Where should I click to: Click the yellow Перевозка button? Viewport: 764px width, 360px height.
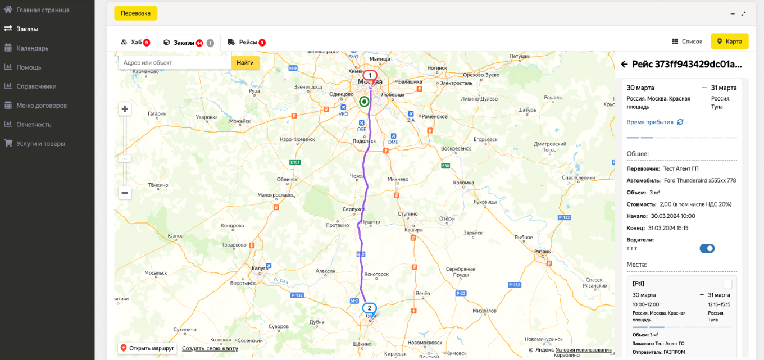click(135, 13)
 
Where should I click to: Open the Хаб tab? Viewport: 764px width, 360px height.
click(135, 42)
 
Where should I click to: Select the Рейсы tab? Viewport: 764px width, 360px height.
click(247, 42)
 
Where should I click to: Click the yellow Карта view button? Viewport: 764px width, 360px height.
click(730, 42)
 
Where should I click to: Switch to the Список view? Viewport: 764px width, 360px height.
click(687, 42)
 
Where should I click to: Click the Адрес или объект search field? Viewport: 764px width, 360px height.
click(175, 63)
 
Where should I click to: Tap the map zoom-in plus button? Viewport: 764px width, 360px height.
click(125, 110)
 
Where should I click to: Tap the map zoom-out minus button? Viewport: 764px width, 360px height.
click(125, 193)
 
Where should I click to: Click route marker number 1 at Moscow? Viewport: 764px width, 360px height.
click(370, 75)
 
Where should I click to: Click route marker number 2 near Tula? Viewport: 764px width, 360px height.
click(369, 308)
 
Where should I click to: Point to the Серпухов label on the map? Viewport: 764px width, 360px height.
click(353, 209)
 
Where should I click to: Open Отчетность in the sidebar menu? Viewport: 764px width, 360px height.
click(34, 125)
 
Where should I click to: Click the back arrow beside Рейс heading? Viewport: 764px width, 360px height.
click(624, 65)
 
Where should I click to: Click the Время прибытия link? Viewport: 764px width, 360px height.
click(650, 122)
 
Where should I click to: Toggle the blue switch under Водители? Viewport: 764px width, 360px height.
click(707, 248)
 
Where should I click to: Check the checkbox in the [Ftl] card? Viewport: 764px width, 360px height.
click(727, 284)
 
